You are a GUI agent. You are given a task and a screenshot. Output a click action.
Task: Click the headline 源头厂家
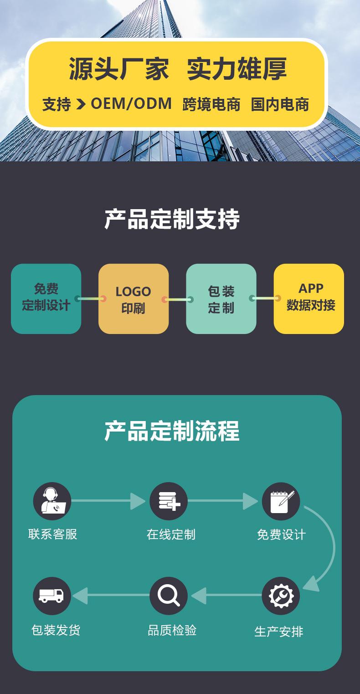point(119,69)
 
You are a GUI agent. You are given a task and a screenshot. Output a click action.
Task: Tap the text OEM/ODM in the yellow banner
point(131,104)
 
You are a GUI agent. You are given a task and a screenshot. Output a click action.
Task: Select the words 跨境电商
point(211,104)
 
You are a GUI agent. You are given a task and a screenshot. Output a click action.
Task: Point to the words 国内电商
point(280,104)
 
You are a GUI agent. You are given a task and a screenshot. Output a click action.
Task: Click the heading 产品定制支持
point(172,219)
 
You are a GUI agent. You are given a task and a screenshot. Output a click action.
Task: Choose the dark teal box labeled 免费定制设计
point(46,298)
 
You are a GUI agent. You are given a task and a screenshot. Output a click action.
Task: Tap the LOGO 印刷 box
point(133,299)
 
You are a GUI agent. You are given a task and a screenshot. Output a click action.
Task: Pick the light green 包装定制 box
point(221,299)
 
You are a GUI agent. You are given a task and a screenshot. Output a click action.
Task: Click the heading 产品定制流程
point(172,431)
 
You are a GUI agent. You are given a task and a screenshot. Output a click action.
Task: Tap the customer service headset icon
point(52,501)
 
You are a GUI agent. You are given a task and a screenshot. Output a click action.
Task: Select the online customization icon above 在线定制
point(169,501)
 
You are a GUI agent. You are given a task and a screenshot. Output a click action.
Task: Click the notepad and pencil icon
point(281,501)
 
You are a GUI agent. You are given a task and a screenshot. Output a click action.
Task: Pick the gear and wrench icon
point(281,596)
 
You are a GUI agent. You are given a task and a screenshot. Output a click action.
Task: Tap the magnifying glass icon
point(169,596)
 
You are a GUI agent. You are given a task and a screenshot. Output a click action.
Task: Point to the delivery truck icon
point(52,596)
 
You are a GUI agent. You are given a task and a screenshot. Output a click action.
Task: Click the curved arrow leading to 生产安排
point(329,547)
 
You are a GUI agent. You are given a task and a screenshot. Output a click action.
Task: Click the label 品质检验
point(172,630)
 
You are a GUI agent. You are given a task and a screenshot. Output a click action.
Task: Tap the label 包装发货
point(56,630)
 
